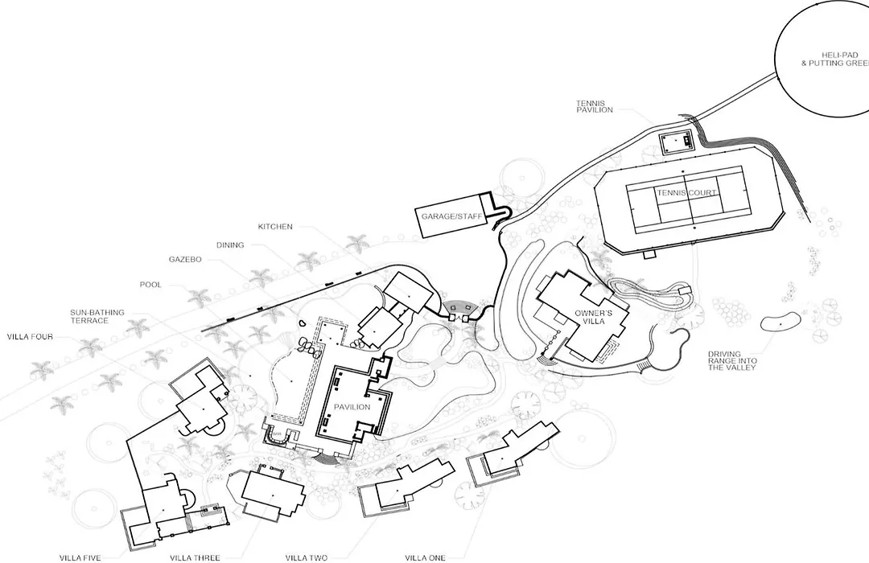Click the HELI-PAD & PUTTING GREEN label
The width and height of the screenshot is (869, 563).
[x=835, y=60]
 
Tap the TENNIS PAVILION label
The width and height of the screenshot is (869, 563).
[x=594, y=106]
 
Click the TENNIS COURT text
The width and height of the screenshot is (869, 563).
[x=686, y=193]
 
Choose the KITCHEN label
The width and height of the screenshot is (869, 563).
[x=275, y=227]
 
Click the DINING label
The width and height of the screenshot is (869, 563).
[x=230, y=245]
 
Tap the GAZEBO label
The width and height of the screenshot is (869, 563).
[x=185, y=259]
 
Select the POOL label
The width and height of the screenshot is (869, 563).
[x=150, y=285]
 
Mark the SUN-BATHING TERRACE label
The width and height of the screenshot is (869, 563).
[x=97, y=316]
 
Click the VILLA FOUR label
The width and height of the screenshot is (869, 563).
[x=30, y=336]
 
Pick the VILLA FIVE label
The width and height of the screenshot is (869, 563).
[x=80, y=558]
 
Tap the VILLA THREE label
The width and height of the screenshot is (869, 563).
[x=195, y=558]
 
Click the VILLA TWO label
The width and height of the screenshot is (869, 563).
[x=306, y=558]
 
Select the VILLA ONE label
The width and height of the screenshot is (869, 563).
[x=425, y=558]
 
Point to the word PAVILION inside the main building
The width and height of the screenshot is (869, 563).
[x=352, y=407]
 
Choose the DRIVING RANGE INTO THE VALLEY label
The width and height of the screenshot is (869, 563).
[x=732, y=360]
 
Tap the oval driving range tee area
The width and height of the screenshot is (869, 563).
[x=780, y=323]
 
